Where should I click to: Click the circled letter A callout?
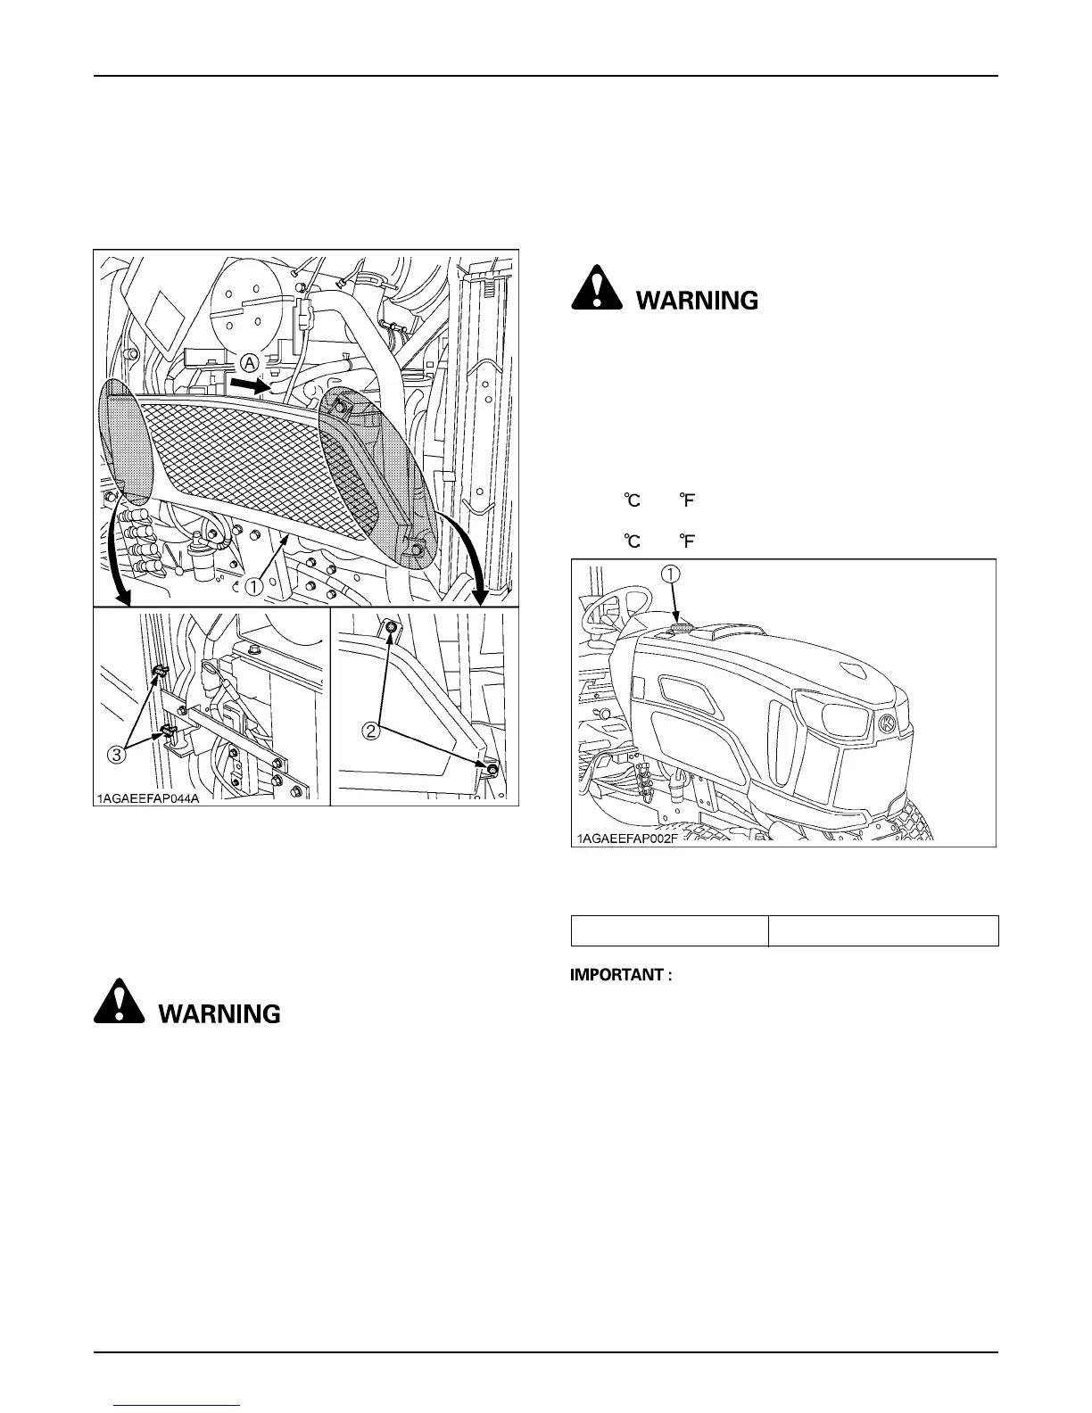[x=250, y=362]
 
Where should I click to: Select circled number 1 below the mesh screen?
[x=254, y=586]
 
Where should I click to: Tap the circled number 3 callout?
[x=116, y=754]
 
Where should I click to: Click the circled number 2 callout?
[x=369, y=730]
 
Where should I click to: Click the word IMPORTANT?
[x=621, y=975]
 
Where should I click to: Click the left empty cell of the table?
[x=669, y=930]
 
